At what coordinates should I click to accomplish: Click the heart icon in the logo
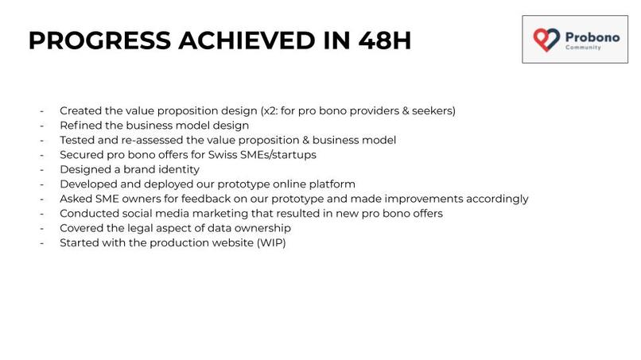(x=546, y=39)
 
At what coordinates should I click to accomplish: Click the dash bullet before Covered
(x=41, y=228)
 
